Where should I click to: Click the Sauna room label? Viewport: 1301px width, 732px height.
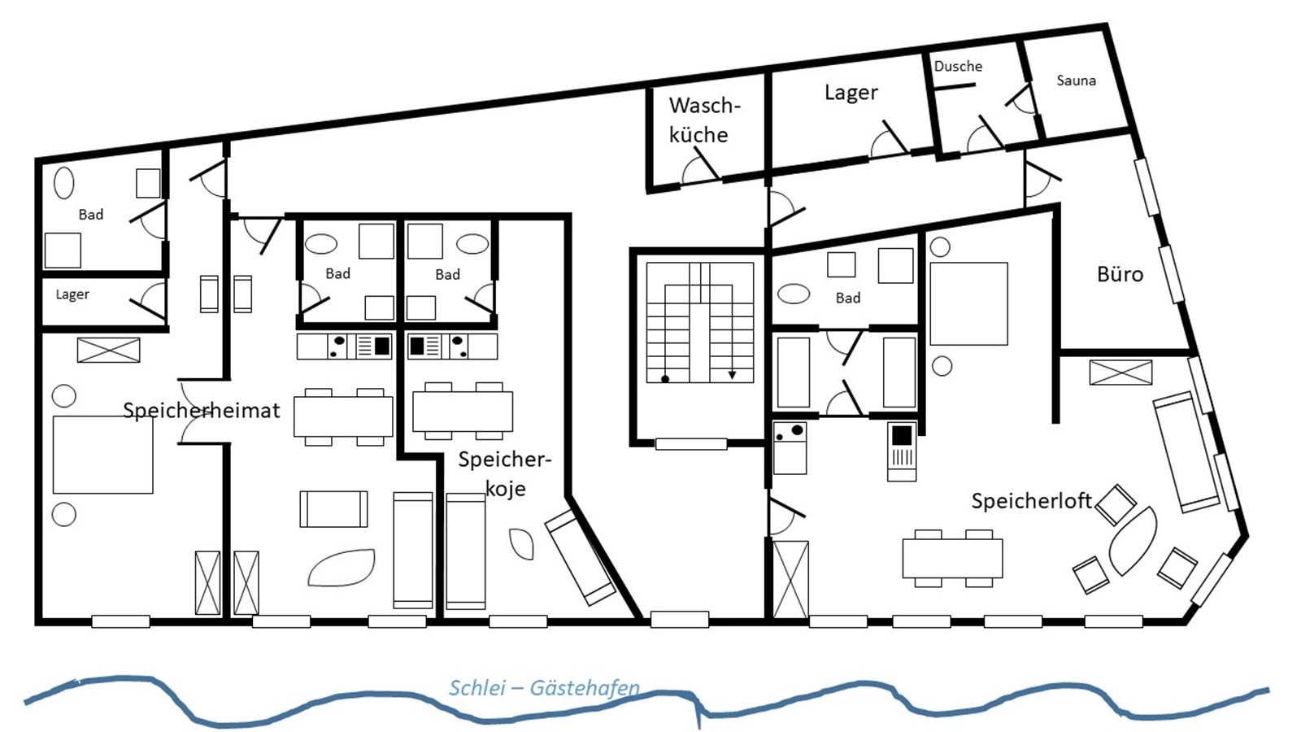coord(1077,81)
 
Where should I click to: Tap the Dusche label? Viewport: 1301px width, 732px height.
coord(958,66)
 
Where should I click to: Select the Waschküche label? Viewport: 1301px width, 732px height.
coord(704,120)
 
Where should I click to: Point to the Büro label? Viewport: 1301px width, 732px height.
coord(1120,274)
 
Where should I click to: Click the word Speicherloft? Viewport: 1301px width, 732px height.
coord(1032,501)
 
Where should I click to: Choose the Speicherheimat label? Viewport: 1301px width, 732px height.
coord(202,411)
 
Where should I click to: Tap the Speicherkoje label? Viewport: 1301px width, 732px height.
coord(505,474)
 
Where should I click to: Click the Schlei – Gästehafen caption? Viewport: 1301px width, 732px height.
coord(544,688)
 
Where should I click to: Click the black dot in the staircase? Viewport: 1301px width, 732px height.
coord(665,379)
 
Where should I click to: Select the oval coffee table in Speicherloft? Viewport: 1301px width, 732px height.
coord(1133,541)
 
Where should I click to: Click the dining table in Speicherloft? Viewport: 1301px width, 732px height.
coord(952,558)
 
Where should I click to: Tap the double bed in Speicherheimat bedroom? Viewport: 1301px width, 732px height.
coord(102,455)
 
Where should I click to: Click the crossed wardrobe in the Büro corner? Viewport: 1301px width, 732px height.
coord(1120,373)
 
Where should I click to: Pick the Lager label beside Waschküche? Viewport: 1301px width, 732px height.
coord(851,93)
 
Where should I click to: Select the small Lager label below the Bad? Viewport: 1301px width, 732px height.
coord(72,294)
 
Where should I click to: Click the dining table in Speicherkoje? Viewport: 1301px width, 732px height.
coord(463,412)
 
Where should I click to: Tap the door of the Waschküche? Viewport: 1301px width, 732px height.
coord(707,163)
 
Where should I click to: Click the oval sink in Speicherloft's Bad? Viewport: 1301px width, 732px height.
coord(794,294)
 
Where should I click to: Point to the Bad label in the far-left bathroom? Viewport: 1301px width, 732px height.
coord(90,215)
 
